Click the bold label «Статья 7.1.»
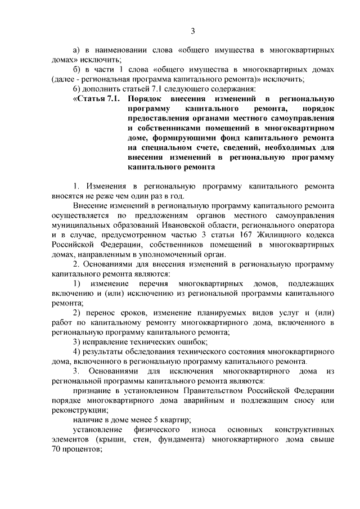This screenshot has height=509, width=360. (94, 98)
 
